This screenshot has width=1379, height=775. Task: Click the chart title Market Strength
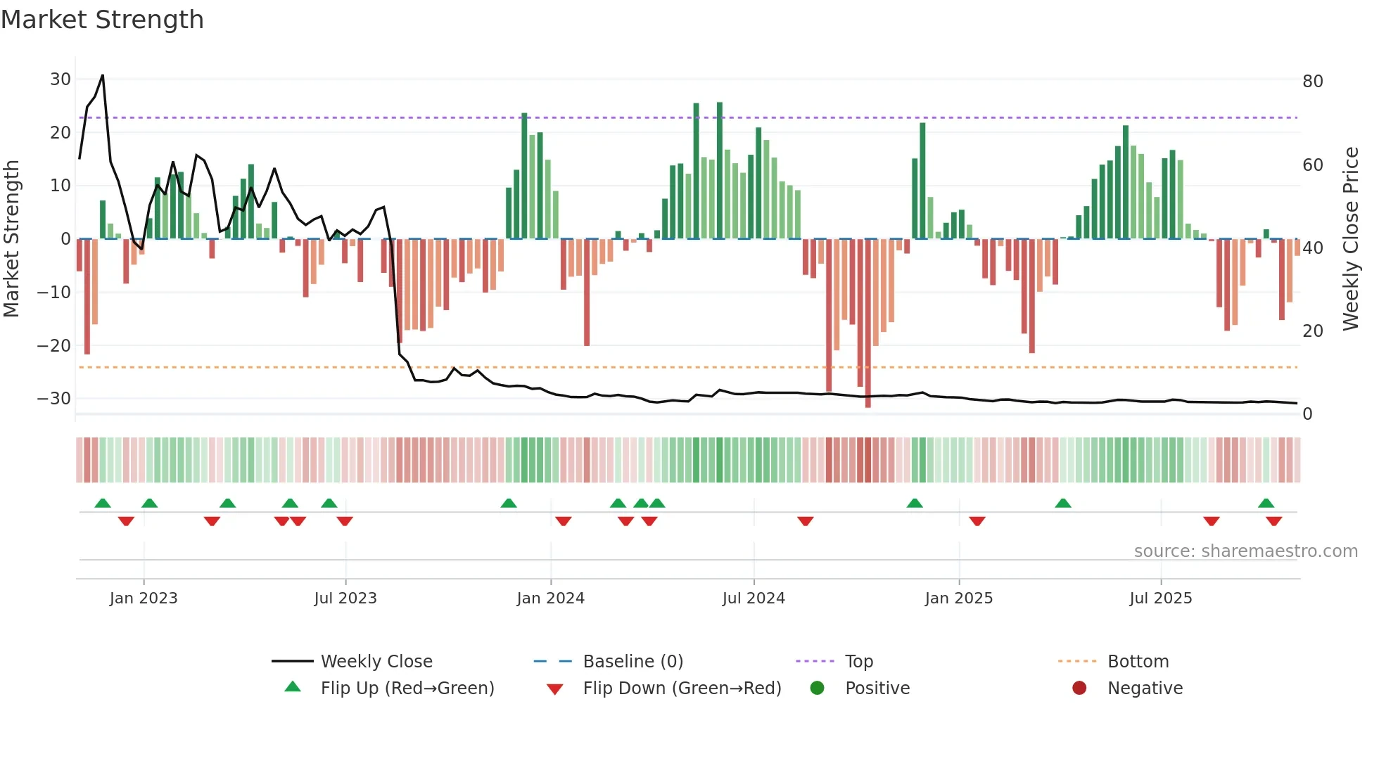point(102,20)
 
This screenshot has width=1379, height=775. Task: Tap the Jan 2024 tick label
point(550,598)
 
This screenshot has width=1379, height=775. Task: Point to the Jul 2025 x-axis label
point(1160,598)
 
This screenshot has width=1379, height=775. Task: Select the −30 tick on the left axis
point(54,399)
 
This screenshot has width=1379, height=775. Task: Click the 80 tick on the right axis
point(1312,82)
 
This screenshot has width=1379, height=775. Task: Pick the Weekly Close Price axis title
point(1350,239)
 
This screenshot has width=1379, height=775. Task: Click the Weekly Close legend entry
point(376,662)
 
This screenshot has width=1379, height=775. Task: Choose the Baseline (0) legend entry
point(633,662)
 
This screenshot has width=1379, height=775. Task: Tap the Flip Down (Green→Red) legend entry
point(681,688)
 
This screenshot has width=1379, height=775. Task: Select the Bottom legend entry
point(1138,662)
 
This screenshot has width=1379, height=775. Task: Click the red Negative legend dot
point(1079,688)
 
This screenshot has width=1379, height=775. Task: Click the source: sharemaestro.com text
point(1245,551)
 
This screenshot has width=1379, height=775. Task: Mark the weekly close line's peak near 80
point(103,75)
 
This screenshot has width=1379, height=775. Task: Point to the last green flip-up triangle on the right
point(1266,504)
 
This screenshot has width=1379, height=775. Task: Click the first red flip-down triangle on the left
point(126,521)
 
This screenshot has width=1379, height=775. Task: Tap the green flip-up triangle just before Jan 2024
point(509,504)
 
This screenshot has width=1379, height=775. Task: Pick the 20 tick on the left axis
point(60,133)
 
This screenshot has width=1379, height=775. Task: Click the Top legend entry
point(858,662)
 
